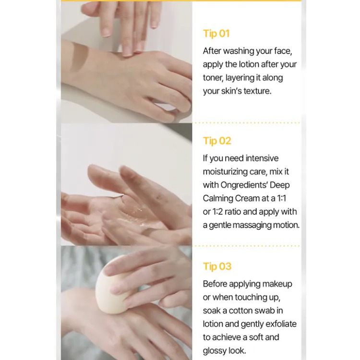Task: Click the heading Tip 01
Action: pyautogui.click(x=216, y=34)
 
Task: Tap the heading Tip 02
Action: pyautogui.click(x=217, y=141)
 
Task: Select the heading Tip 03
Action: pyautogui.click(x=217, y=266)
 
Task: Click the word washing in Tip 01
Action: pyautogui.click(x=238, y=51)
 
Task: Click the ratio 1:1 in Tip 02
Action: pyautogui.click(x=282, y=198)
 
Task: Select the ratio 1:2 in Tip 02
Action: pyautogui.click(x=217, y=212)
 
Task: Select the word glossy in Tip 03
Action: pyautogui.click(x=214, y=351)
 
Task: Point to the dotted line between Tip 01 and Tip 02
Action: pyautogui.click(x=247, y=123)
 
